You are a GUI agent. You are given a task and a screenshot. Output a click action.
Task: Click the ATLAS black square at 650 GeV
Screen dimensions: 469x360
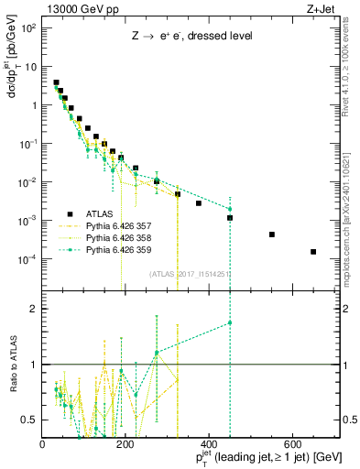click(x=313, y=252)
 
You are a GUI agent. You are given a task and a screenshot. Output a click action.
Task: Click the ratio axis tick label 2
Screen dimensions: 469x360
click(x=35, y=309)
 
